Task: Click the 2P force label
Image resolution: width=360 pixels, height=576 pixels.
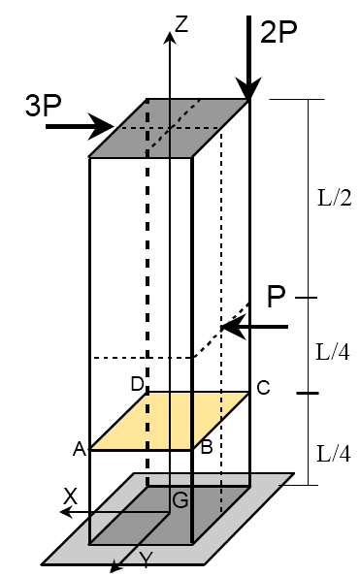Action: click(282, 31)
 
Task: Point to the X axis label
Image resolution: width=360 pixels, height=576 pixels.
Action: click(70, 496)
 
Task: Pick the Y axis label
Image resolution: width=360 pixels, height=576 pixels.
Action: click(146, 560)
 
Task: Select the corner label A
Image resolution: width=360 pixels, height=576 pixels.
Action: click(80, 449)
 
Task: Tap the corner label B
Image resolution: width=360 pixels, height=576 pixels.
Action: click(206, 448)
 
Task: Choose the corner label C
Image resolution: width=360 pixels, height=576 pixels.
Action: click(262, 389)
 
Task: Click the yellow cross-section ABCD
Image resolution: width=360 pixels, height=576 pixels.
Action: click(170, 421)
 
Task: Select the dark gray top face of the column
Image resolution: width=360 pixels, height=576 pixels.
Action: click(170, 127)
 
